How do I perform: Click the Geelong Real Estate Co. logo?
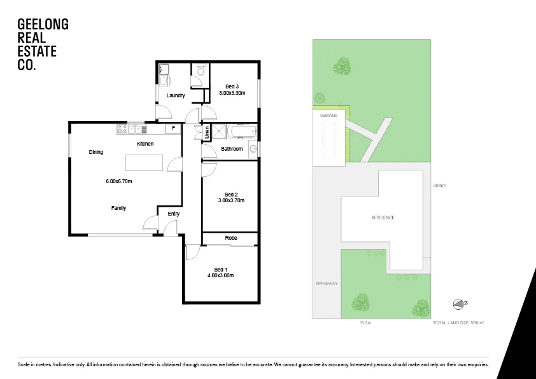click(43, 44)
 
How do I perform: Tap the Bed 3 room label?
click(232, 86)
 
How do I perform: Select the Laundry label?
click(176, 96)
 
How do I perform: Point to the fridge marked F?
click(173, 128)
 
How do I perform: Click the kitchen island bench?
click(145, 163)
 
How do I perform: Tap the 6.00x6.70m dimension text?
click(118, 181)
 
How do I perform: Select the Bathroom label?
click(232, 149)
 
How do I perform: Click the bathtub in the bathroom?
click(242, 132)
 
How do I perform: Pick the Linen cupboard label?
click(208, 133)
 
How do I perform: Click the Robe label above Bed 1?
click(230, 238)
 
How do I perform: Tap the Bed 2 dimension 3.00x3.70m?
click(231, 200)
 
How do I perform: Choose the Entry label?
click(174, 214)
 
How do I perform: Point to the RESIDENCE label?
click(383, 217)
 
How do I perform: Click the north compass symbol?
click(458, 303)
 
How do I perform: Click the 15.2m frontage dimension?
click(365, 323)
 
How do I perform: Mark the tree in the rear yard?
click(342, 65)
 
